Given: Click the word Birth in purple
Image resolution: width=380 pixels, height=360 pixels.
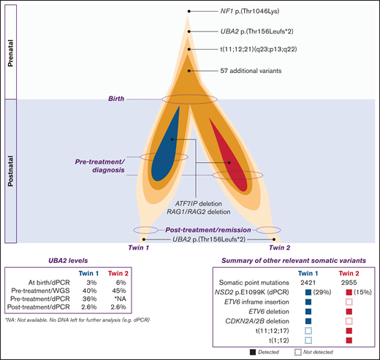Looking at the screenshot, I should pos(121,99).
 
